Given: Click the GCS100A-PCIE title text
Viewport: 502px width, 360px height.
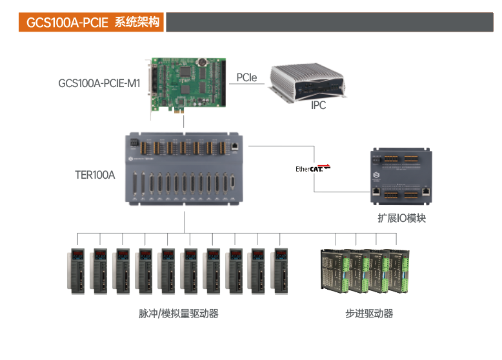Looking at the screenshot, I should [67, 23].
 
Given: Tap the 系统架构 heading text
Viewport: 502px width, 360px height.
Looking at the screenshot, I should [136, 23].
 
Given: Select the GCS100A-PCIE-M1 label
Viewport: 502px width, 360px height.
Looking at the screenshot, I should [99, 83].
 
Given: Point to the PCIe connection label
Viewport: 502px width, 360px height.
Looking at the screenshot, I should [246, 77].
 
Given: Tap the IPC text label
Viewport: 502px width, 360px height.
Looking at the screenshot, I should [318, 105].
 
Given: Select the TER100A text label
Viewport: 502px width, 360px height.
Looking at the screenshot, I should [95, 175].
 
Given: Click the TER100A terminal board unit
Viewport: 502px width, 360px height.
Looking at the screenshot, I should [184, 170].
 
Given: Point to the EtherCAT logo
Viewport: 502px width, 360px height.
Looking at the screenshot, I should [313, 169].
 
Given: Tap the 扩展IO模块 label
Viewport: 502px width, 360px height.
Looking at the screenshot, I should [401, 218].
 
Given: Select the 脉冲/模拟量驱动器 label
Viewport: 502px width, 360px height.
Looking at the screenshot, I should [179, 314].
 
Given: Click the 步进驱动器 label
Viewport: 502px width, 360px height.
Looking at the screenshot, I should [369, 314].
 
